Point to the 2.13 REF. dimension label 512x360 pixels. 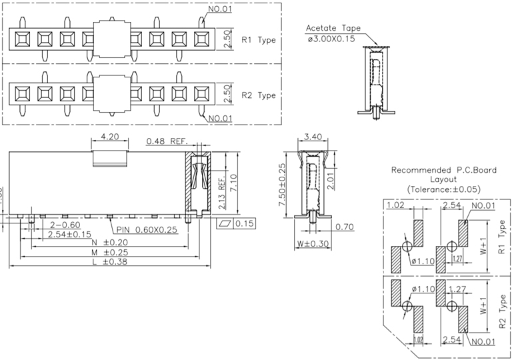click(221, 193)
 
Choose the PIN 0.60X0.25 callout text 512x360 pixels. click(147, 230)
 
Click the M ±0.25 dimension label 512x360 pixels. click(110, 252)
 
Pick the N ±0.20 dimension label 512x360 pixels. click(110, 242)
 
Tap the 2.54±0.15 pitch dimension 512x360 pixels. click(70, 234)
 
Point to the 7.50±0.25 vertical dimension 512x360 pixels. click(282, 189)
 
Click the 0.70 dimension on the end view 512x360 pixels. click(344, 227)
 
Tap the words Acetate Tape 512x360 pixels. click(333, 29)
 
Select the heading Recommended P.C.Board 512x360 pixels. click(443, 170)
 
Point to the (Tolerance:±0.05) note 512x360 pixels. click(443, 190)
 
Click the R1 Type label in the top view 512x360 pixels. click(258, 39)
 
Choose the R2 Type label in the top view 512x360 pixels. click(258, 95)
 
